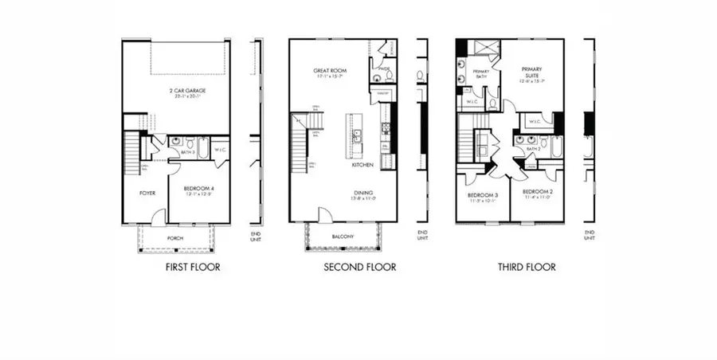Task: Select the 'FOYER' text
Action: pos(147,193)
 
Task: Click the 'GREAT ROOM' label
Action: pos(328,71)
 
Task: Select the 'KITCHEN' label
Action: pos(364,166)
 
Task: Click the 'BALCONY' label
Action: pos(342,237)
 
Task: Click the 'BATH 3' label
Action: pos(187,151)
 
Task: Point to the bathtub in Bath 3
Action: pos(203,148)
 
